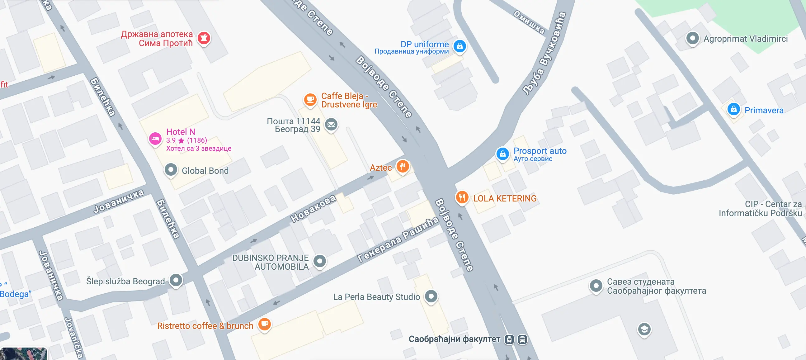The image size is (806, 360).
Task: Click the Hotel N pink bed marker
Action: [x=155, y=139]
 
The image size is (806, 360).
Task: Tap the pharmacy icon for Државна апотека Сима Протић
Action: [x=204, y=38]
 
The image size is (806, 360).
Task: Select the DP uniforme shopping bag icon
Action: [x=460, y=46]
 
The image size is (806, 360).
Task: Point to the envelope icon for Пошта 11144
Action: [x=331, y=125]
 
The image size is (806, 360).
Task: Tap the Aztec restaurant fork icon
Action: [x=403, y=166]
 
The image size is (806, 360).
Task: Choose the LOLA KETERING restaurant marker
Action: [x=462, y=197]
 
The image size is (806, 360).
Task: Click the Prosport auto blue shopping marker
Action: [x=502, y=154]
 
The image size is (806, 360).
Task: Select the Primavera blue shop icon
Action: [x=733, y=109]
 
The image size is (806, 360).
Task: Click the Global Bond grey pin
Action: [x=171, y=170]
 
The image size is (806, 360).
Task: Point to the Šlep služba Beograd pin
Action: [x=176, y=280]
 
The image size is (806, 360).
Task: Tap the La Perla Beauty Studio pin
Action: [x=431, y=296]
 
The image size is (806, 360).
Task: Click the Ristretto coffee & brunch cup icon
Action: [x=264, y=324]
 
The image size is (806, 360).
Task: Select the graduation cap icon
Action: [x=644, y=329]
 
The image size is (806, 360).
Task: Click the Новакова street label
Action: [x=313, y=209]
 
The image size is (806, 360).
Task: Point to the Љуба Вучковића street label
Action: [x=544, y=53]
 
